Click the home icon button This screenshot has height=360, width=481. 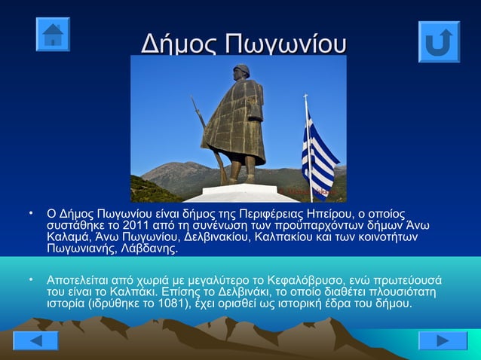pos(53,34)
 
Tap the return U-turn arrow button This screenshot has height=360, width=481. pos(439,41)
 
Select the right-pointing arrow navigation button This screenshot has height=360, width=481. pos(443,340)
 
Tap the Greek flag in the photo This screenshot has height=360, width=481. pos(318,154)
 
